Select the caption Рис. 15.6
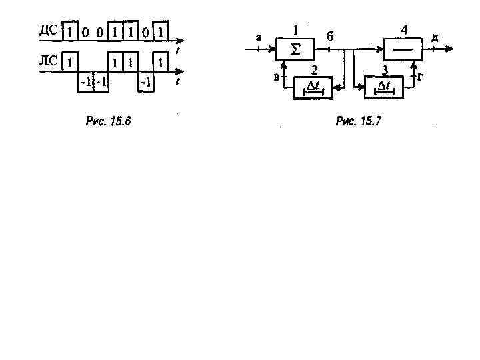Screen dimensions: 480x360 pos(109,121)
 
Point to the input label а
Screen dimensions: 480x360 pos(259,37)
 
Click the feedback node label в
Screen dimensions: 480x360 pos(276,77)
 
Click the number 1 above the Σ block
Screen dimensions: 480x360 pos(294,29)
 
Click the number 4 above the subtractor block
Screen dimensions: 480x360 pos(403,29)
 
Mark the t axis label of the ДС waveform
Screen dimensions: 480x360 pos(178,51)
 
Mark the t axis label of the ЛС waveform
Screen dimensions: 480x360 pos(178,82)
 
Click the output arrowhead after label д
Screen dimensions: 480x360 pos(453,48)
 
